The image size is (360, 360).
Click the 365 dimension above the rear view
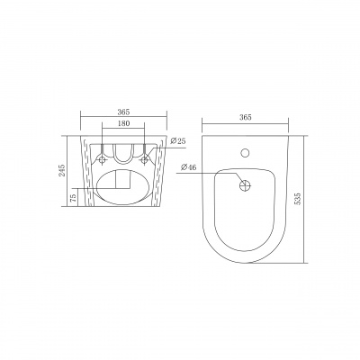(123, 112)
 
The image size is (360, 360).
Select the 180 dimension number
(123, 123)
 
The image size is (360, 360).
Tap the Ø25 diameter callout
(177, 141)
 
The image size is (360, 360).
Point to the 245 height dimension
(62, 170)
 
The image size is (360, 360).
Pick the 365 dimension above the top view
(246, 117)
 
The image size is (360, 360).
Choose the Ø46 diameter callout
(189, 167)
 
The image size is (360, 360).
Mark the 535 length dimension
(298, 199)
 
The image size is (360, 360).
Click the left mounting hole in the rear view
(103, 159)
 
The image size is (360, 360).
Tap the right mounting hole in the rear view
(145, 159)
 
